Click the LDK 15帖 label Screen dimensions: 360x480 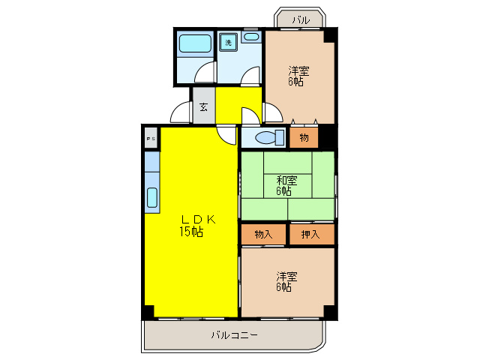point(191,225)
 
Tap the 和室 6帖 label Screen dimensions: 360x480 point(286,185)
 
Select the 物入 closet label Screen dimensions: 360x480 point(263,235)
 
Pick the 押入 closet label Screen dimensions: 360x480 point(310,235)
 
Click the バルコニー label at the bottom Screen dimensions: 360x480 point(234,335)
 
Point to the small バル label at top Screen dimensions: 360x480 point(301,20)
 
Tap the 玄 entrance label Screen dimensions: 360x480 point(204,107)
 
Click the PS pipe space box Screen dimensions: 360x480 point(151,139)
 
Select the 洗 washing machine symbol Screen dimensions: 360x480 point(229,43)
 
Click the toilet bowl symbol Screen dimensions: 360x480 point(267,138)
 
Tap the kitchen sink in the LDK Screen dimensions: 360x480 point(152,197)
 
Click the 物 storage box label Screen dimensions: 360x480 point(304,138)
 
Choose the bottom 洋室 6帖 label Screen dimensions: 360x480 point(285,281)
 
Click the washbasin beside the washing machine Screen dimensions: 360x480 point(251,37)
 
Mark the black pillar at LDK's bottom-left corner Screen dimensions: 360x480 point(148,310)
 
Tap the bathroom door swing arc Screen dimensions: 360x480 point(202,74)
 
